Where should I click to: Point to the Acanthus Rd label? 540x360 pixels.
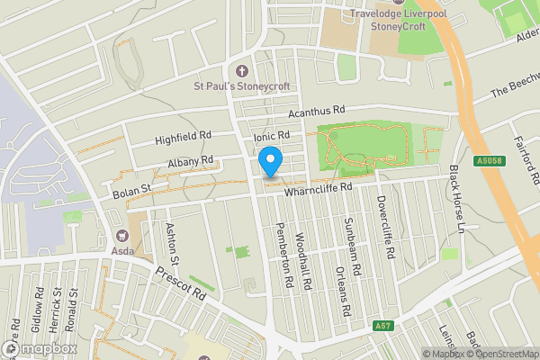(317, 112)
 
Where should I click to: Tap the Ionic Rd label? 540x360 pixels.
(271, 136)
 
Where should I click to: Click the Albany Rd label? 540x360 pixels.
(190, 163)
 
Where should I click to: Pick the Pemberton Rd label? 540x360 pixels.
(284, 255)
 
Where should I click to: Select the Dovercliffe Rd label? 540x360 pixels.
(386, 228)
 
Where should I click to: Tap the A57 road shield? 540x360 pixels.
(383, 326)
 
